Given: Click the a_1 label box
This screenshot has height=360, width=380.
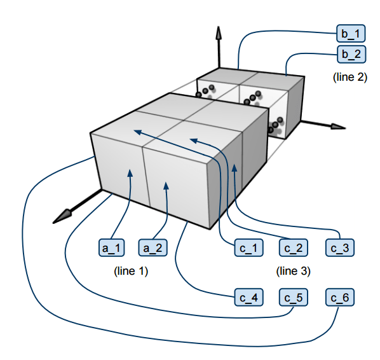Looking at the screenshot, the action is (111, 247).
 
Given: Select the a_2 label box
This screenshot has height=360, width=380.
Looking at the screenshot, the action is (153, 247).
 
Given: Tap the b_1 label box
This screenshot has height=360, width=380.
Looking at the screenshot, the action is (351, 33).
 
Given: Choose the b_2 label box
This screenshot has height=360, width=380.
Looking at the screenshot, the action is (351, 54).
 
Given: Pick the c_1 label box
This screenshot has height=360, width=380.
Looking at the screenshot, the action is (248, 247).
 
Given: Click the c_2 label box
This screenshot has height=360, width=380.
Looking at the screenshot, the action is (294, 247).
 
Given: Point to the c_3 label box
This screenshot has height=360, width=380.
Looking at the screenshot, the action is (340, 247).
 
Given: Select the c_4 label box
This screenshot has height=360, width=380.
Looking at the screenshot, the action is (248, 297).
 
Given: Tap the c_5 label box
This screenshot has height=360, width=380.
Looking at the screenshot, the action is (294, 297).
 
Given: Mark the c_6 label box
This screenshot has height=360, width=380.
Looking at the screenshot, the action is (340, 297).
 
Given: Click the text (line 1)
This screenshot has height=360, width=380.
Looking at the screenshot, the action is (131, 271).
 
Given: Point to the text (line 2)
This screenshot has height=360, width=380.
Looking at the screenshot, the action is (350, 77).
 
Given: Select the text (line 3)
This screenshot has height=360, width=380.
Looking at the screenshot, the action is (293, 271).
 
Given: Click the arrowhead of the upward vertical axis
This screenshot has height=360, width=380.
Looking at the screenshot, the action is (219, 32).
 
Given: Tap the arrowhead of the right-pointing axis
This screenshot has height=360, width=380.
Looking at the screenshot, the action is (338, 127).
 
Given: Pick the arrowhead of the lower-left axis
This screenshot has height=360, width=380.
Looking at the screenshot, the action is (62, 217).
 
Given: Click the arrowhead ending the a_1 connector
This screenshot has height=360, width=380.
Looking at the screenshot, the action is (130, 173).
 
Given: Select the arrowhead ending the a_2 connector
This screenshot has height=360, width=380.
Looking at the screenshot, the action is (166, 186).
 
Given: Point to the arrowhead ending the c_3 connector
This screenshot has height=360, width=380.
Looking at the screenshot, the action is (234, 168).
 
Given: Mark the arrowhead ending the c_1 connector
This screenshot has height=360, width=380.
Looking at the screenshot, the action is (138, 132).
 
